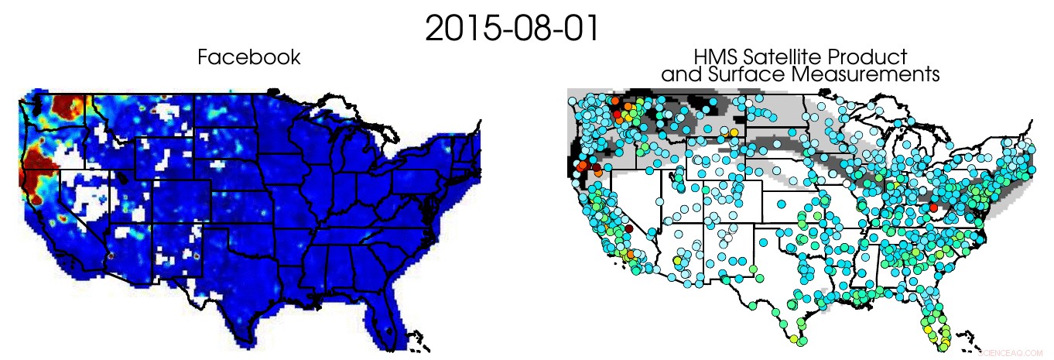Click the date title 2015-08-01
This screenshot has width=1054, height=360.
(512, 29)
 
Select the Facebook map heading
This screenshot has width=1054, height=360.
(248, 57)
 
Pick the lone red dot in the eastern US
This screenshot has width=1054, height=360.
(934, 207)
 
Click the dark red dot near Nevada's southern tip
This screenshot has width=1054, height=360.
(629, 229)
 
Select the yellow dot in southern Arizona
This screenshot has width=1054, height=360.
(679, 261)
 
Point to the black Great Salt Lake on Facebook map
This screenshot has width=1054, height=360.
(123, 175)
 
